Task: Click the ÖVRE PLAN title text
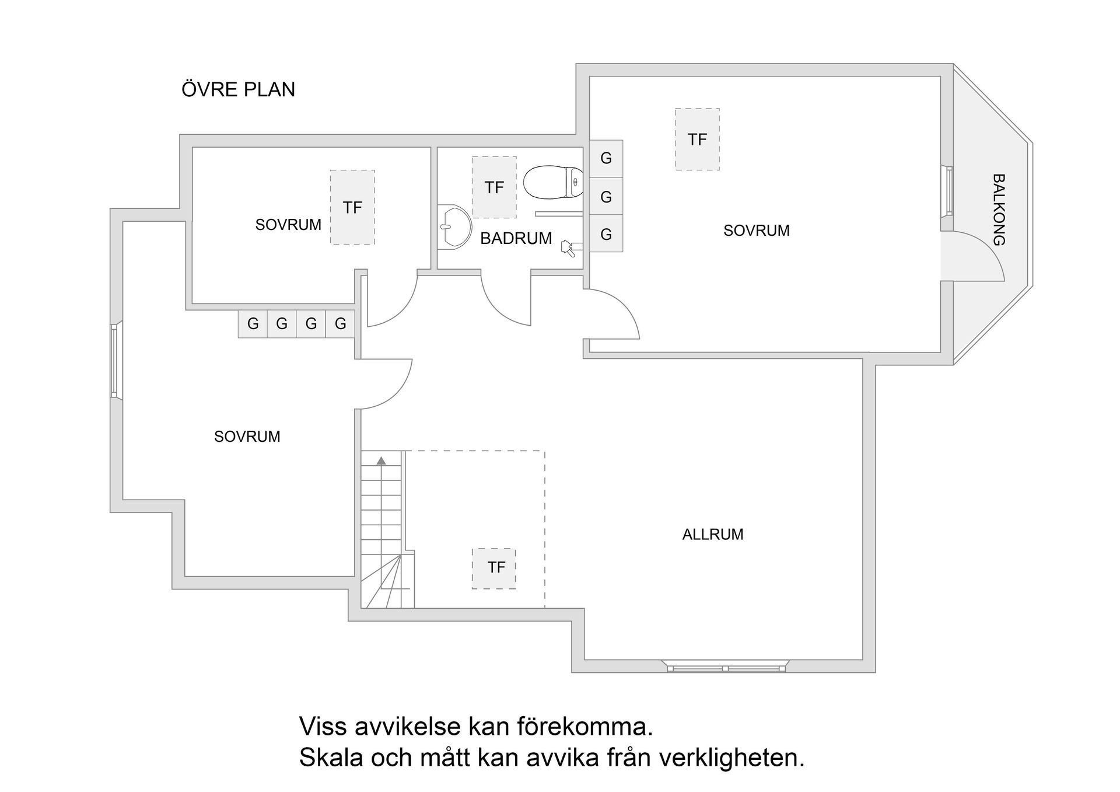(x=238, y=89)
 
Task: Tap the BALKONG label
(x=998, y=210)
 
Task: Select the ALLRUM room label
(x=712, y=534)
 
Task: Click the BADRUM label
(x=516, y=238)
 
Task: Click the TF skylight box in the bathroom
(x=494, y=187)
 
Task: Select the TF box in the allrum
(x=494, y=568)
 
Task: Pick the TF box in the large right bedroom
(x=697, y=139)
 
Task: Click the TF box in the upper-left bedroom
(x=352, y=207)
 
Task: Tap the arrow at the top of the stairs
(x=381, y=461)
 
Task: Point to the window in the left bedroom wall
(x=115, y=361)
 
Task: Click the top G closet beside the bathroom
(x=606, y=158)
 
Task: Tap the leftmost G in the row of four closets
(x=253, y=323)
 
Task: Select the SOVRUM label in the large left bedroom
(x=247, y=437)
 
